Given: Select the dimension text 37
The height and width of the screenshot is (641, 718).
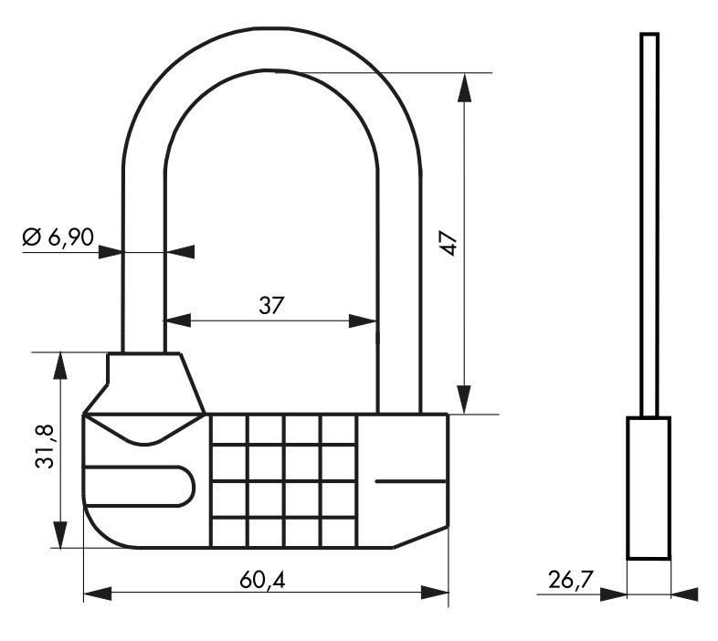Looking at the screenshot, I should click(270, 306).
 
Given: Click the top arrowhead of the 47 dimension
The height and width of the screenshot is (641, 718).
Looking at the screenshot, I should click(465, 84).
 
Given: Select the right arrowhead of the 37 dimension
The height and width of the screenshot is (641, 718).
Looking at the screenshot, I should click(365, 320).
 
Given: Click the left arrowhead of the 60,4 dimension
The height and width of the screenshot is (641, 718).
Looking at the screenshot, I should click(96, 594).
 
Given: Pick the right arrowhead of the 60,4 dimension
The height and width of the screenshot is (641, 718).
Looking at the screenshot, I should click(436, 594).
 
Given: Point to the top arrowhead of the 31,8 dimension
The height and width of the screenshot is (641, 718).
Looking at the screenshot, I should click(60, 364).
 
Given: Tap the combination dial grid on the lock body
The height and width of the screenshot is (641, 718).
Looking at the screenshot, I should click(282, 480).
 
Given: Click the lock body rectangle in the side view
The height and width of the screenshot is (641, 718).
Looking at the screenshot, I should click(648, 488).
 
